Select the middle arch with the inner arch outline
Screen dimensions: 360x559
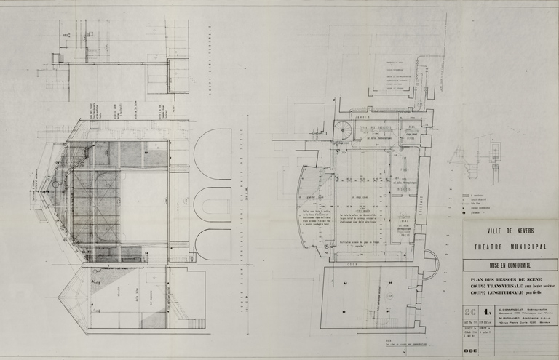coord(213,204)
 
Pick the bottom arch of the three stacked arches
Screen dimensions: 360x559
coord(213,245)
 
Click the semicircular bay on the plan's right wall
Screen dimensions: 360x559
coord(429,260)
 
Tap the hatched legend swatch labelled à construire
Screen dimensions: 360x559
coord(466,195)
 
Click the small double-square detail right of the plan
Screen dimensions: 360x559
coord(496,151)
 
